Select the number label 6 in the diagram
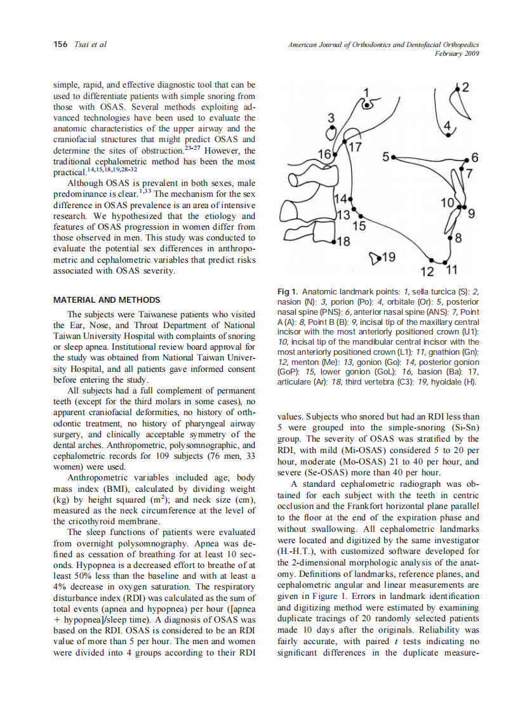point(474,157)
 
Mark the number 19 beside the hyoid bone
point(389,257)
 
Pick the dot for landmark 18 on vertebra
point(331,242)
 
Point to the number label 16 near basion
point(324,154)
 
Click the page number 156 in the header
point(60,44)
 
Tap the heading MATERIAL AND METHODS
point(106,300)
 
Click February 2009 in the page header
point(456,53)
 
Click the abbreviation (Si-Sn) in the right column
point(460,428)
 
